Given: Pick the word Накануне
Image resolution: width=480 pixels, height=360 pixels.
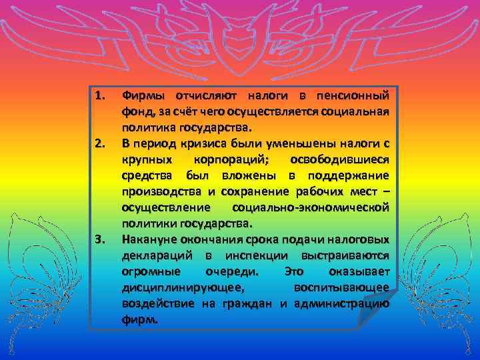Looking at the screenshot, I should click(x=145, y=239).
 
